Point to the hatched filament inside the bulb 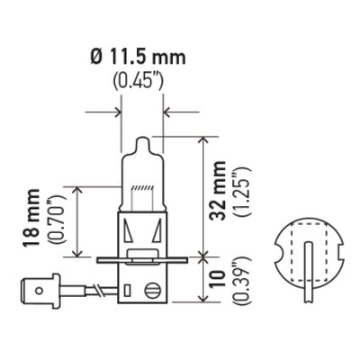coord(142,186)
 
